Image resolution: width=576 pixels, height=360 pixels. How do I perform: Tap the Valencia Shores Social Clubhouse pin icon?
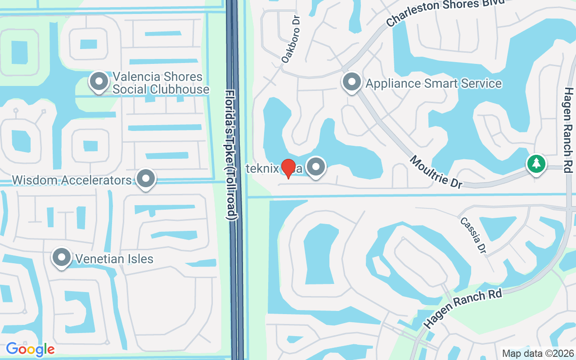99,82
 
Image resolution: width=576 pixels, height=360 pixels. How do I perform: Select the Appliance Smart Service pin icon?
352,82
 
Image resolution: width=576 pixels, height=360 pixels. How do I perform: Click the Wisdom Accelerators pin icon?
145,179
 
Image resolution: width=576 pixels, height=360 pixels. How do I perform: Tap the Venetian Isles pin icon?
62,258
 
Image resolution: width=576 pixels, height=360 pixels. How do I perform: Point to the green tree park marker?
536,164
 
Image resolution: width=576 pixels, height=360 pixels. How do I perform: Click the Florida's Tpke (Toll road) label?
231,155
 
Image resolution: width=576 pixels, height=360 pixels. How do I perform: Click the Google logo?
30,349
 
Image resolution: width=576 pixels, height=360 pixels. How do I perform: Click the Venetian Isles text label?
114,259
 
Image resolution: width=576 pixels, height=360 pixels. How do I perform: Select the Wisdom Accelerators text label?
72,180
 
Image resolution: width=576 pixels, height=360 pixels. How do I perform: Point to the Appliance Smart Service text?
433,83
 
